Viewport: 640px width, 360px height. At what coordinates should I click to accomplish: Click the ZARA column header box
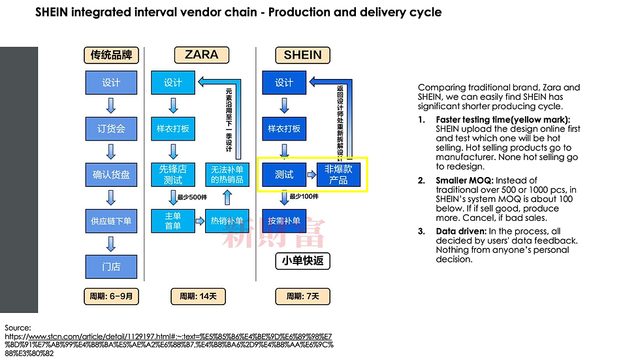[x=201, y=55]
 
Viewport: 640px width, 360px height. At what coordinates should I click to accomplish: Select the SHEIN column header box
[x=302, y=55]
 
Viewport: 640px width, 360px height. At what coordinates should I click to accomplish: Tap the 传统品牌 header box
[x=111, y=55]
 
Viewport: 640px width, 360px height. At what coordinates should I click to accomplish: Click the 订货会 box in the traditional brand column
[x=111, y=129]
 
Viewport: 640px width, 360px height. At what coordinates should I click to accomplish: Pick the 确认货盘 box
[x=111, y=175]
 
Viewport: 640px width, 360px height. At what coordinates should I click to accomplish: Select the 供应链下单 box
[x=111, y=221]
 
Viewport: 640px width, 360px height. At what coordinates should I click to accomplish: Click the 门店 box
[x=111, y=267]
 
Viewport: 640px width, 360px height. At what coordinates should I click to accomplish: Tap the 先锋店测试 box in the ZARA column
[x=173, y=174]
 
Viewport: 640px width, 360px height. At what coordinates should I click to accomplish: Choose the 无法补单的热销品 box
[x=227, y=174]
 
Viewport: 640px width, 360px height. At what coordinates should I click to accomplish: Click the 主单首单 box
[x=173, y=221]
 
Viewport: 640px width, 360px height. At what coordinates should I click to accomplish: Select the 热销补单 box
[x=227, y=221]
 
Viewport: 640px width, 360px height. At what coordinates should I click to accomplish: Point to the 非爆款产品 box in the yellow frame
[x=338, y=174]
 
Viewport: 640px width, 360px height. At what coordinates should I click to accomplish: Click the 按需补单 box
[x=284, y=221]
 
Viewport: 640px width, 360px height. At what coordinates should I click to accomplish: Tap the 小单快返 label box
[x=302, y=261]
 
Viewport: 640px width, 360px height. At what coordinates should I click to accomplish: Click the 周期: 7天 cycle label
[x=302, y=296]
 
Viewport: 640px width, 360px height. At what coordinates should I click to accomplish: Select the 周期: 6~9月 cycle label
[x=111, y=296]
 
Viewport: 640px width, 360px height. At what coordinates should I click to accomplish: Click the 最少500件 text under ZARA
[x=193, y=197]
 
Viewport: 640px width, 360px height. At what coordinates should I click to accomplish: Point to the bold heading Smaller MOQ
[x=460, y=180]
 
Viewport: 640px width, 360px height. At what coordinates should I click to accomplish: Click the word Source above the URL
[x=18, y=327]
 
